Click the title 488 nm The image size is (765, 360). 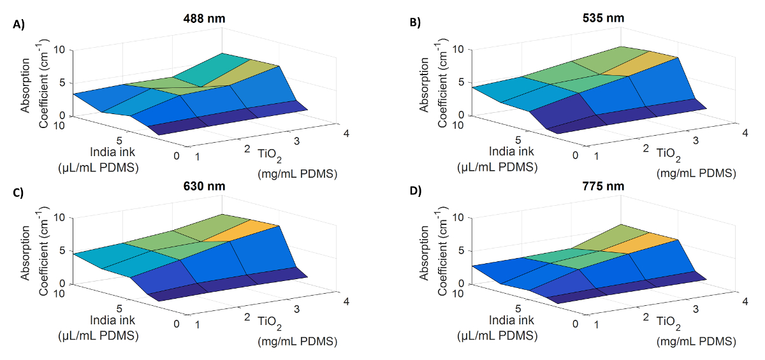pyautogui.click(x=202, y=18)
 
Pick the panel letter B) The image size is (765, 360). pyautogui.click(x=416, y=24)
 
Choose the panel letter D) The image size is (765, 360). pyautogui.click(x=416, y=192)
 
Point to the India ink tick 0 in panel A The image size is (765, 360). pyautogui.click(x=175, y=155)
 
